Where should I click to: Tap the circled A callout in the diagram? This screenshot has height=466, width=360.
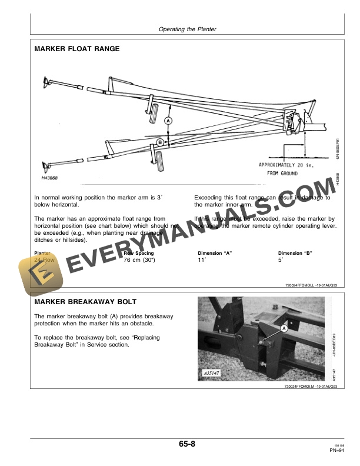pos(168,120)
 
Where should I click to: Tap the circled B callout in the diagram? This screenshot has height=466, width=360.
pos(159,142)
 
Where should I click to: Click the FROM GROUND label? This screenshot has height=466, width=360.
pos(281,174)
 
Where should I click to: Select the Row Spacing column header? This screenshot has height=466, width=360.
pos(139,253)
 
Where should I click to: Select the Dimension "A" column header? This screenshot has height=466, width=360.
pos(215,253)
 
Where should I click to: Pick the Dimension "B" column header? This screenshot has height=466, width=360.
pos(295,253)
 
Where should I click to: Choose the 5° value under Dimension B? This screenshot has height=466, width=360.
pos(281,259)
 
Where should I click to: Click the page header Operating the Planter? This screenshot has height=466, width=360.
pos(188,29)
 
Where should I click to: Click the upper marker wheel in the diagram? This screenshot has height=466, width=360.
pos(154,112)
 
